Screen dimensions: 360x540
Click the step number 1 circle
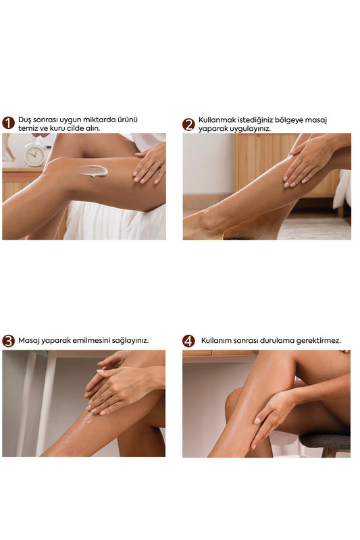pyautogui.click(x=8, y=124)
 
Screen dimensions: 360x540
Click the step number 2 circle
pyautogui.click(x=188, y=124)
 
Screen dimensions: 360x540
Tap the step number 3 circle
pyautogui.click(x=8, y=341)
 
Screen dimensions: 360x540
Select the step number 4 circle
pyautogui.click(x=188, y=341)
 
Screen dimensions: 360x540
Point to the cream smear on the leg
pyautogui.click(x=93, y=171)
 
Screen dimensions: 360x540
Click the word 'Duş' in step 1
pyautogui.click(x=24, y=120)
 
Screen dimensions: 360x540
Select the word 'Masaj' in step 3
pyautogui.click(x=28, y=341)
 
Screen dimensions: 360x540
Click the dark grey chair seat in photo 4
pyautogui.click(x=325, y=441)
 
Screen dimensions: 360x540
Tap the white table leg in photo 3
pyautogui.click(x=46, y=403)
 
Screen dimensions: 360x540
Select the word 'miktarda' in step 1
pyautogui.click(x=101, y=120)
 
